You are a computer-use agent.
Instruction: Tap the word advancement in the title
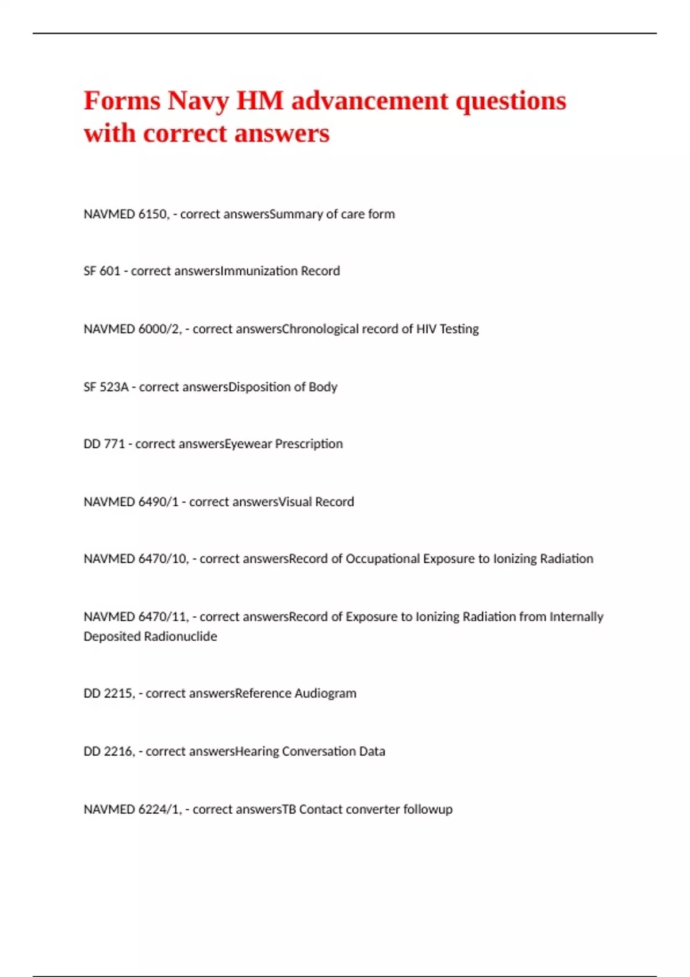click(x=370, y=101)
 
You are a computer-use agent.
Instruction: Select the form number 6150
click(x=154, y=214)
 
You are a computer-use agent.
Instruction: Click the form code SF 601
click(x=102, y=271)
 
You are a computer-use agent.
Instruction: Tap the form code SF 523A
click(x=106, y=387)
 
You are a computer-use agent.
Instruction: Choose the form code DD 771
click(x=104, y=444)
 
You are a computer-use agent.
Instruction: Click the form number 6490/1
click(x=159, y=502)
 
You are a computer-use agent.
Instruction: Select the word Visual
click(x=295, y=502)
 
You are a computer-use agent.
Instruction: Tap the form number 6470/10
click(x=163, y=559)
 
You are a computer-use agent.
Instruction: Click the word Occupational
click(x=382, y=559)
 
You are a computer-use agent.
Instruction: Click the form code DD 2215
click(x=109, y=694)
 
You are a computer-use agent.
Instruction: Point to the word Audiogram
click(x=325, y=694)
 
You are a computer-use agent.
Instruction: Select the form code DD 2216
click(x=109, y=752)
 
